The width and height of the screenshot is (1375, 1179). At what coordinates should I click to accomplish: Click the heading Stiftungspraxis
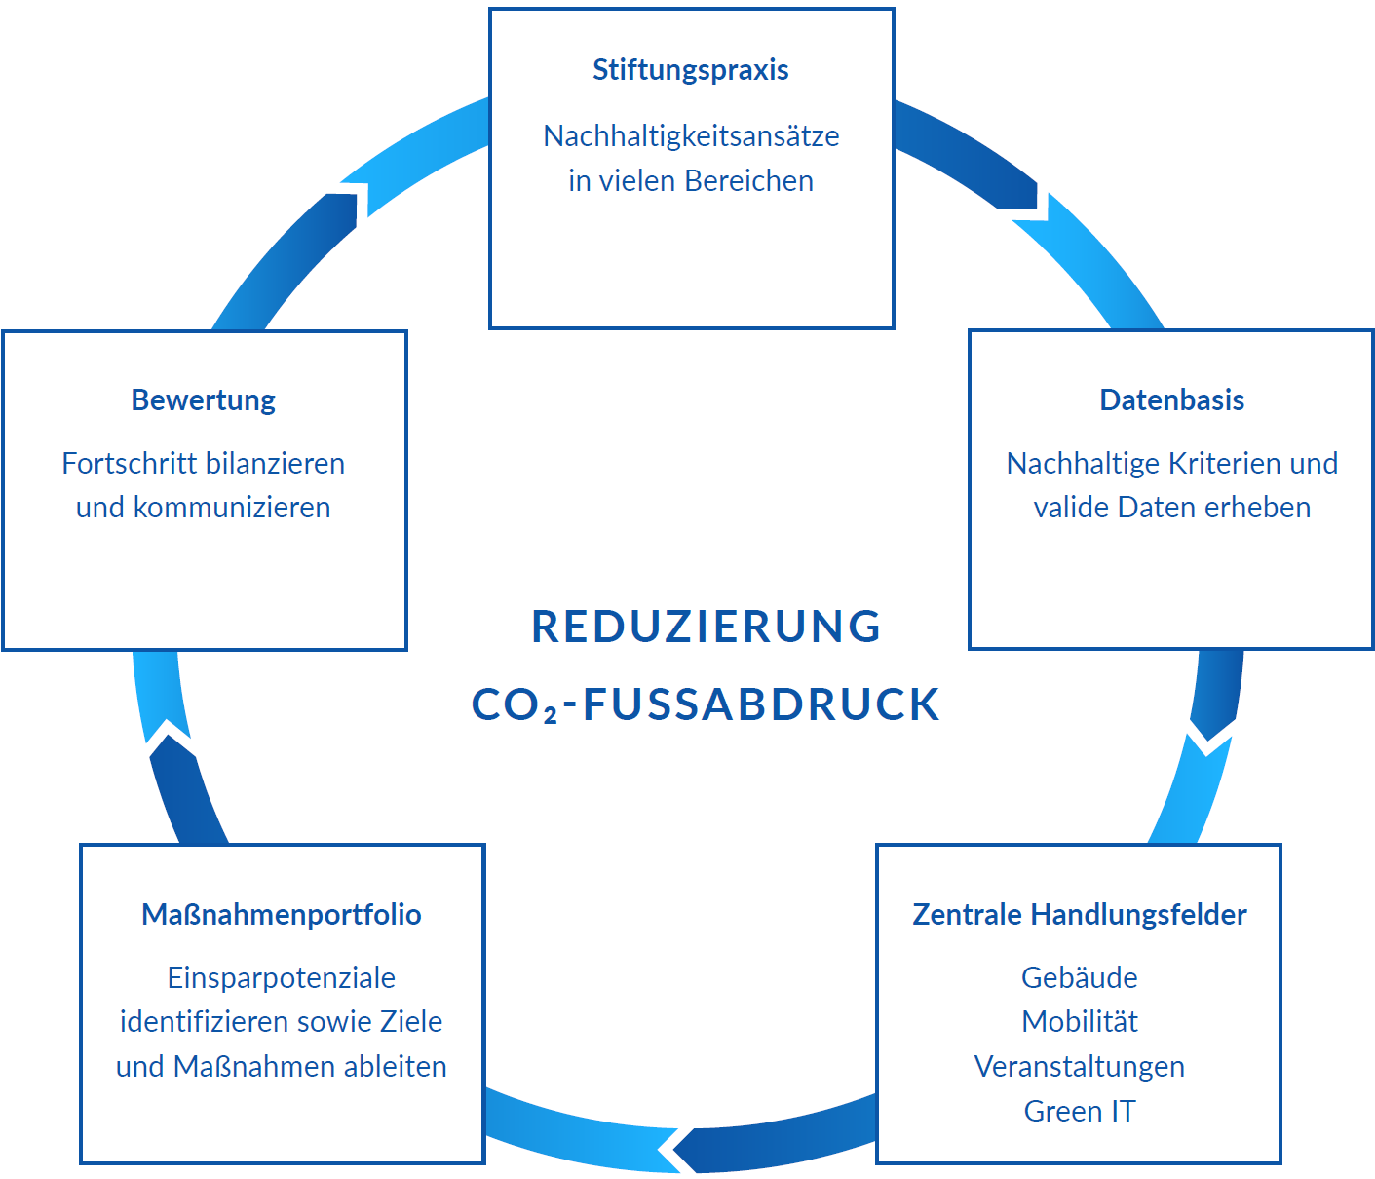click(690, 70)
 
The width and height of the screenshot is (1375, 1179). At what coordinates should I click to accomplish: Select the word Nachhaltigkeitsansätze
click(690, 136)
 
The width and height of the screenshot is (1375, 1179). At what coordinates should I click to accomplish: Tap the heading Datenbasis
click(1171, 400)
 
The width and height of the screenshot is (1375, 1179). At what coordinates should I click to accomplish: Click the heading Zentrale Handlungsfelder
click(1079, 915)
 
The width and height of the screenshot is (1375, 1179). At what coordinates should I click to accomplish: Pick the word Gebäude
click(1079, 977)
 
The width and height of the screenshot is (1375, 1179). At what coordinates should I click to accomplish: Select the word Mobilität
click(1079, 1022)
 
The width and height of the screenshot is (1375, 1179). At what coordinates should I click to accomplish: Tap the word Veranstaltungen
click(1079, 1067)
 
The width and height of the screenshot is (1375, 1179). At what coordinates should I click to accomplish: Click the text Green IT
click(1079, 1112)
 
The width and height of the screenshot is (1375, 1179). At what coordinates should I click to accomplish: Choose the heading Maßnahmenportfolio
click(282, 915)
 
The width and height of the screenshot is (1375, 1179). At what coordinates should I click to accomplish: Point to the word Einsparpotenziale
click(282, 977)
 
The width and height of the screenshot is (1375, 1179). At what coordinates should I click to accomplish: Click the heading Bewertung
click(204, 400)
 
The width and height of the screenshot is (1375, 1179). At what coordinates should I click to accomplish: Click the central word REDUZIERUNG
click(707, 627)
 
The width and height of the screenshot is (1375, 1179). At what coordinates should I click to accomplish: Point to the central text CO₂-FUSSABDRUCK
click(707, 704)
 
